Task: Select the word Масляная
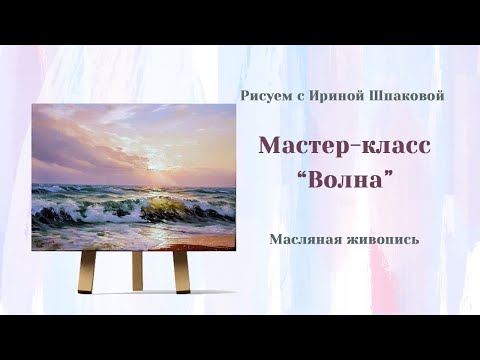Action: click(x=304, y=239)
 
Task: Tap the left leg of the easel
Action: click(x=88, y=268)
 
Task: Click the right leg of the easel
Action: click(x=180, y=268)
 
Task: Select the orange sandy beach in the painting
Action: click(x=190, y=239)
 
